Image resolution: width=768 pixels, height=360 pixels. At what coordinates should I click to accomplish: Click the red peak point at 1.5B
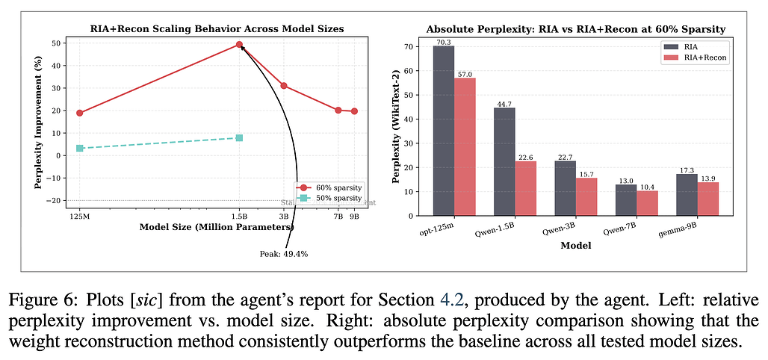tap(239, 45)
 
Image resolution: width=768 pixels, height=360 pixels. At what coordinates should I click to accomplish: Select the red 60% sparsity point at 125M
tap(80, 113)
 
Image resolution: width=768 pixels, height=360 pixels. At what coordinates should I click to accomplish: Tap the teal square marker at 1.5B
tap(239, 138)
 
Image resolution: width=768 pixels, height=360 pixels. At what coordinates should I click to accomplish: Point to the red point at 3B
tap(284, 86)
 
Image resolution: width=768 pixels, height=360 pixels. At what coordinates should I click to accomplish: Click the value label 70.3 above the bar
tap(444, 42)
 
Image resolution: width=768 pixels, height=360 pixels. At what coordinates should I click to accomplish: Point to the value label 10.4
tap(647, 186)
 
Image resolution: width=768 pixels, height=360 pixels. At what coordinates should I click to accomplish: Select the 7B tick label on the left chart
tap(338, 216)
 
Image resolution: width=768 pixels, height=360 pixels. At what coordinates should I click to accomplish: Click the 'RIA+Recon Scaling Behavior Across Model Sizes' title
tap(218, 28)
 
